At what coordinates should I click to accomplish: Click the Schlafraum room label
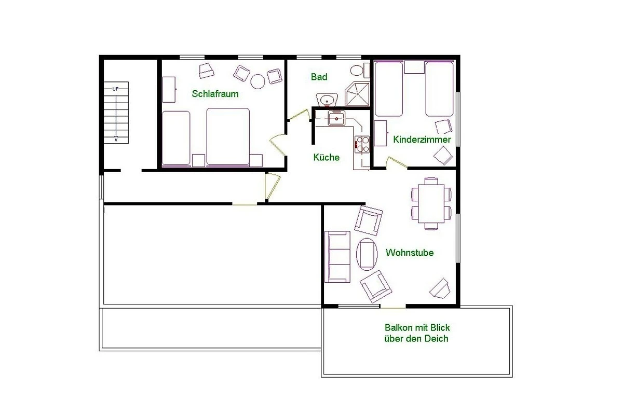pyautogui.click(x=215, y=94)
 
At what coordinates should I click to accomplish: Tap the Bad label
pyautogui.click(x=319, y=77)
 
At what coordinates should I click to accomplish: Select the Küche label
pyautogui.click(x=326, y=157)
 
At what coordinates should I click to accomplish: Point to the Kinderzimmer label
pyautogui.click(x=422, y=139)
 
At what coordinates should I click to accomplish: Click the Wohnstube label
pyautogui.click(x=410, y=253)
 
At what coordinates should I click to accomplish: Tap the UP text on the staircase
pyautogui.click(x=115, y=89)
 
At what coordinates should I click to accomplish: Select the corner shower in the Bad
pyautogui.click(x=357, y=94)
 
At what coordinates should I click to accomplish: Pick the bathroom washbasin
pyautogui.click(x=327, y=100)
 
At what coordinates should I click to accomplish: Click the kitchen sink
pyautogui.click(x=336, y=118)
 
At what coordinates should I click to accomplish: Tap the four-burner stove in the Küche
pyautogui.click(x=362, y=145)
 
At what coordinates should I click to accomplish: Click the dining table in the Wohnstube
pyautogui.click(x=431, y=203)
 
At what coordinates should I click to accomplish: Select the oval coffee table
pyautogui.click(x=367, y=254)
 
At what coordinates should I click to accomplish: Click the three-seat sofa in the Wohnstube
pyautogui.click(x=337, y=257)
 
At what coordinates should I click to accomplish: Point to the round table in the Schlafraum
pyautogui.click(x=258, y=82)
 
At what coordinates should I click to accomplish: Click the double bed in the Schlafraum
pyautogui.click(x=228, y=137)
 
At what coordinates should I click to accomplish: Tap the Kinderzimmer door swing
pyautogui.click(x=396, y=162)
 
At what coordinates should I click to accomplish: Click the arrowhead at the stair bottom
pyautogui.click(x=116, y=139)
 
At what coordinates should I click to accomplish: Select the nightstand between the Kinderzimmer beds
pyautogui.click(x=414, y=67)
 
